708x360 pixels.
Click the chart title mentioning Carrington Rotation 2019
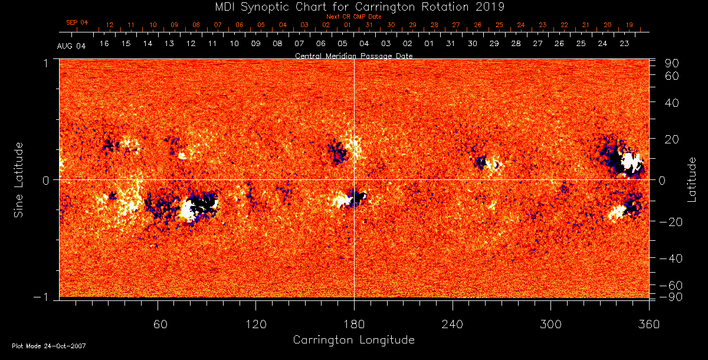[x=353, y=6]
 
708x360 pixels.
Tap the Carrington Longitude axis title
[x=353, y=340]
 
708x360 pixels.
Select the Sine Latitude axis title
[x=19, y=179]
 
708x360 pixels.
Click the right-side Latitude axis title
[x=692, y=179]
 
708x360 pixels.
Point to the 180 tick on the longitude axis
[x=353, y=324]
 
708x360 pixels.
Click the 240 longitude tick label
[x=452, y=324]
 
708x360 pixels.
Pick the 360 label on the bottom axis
[x=648, y=324]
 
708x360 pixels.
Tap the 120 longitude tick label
[x=255, y=324]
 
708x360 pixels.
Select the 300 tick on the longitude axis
[x=550, y=324]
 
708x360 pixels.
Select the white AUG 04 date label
[x=71, y=47]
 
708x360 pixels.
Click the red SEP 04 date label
[x=77, y=22]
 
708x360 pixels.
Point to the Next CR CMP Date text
[x=353, y=17]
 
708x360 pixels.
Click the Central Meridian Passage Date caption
[x=353, y=55]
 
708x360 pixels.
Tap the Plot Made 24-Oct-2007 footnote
[x=49, y=346]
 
